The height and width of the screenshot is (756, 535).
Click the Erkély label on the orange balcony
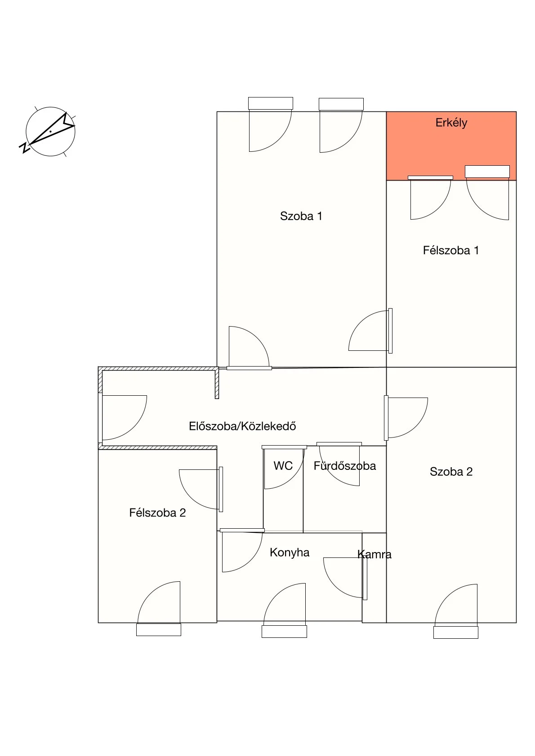451,123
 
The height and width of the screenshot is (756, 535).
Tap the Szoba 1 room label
301,216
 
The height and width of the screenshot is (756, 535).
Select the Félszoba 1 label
451,250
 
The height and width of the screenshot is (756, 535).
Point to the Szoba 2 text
451,472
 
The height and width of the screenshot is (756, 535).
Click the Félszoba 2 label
157,513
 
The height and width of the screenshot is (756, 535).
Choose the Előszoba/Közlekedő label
242,426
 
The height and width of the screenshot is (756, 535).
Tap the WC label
283,466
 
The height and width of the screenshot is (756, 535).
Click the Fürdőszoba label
344,466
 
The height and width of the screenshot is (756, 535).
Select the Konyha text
290,553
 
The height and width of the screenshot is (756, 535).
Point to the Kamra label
374,554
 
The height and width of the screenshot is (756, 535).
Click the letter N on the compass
24,147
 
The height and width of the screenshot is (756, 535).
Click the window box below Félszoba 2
158,629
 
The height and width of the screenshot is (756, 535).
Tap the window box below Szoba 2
455,632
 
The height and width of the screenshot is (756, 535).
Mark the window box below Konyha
284,632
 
